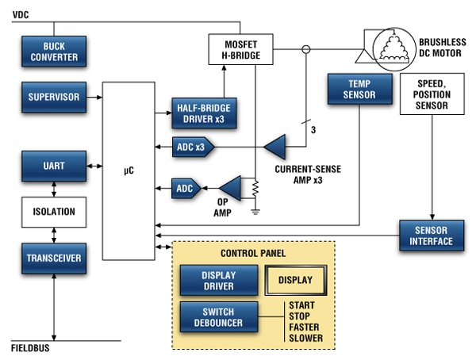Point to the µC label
click(129, 168)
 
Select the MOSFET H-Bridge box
click(240, 50)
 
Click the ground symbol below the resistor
click(255, 212)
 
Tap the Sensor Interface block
click(432, 236)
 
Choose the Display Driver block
click(218, 280)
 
